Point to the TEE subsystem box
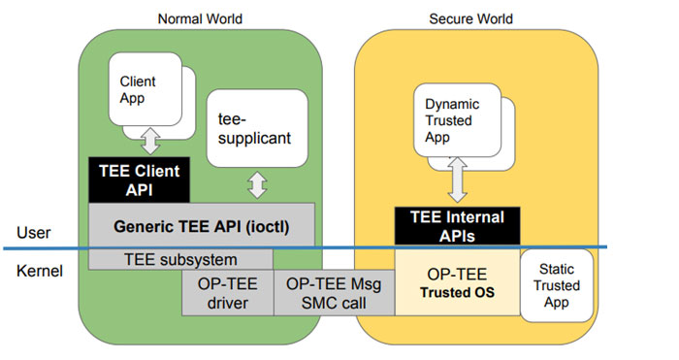click(179, 259)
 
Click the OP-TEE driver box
click(227, 292)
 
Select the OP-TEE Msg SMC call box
click(334, 292)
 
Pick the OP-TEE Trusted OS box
click(455, 284)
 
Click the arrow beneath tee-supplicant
click(257, 185)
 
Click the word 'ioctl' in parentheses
click(265, 226)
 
